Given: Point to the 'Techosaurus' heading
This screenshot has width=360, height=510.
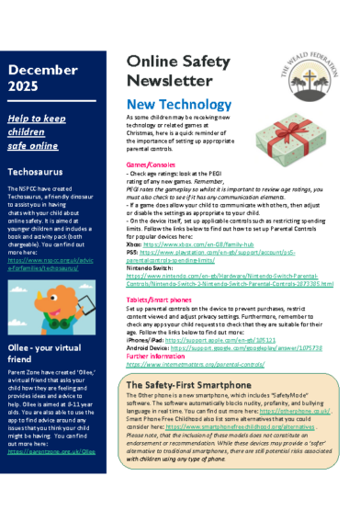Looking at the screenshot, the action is [x=38, y=171].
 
